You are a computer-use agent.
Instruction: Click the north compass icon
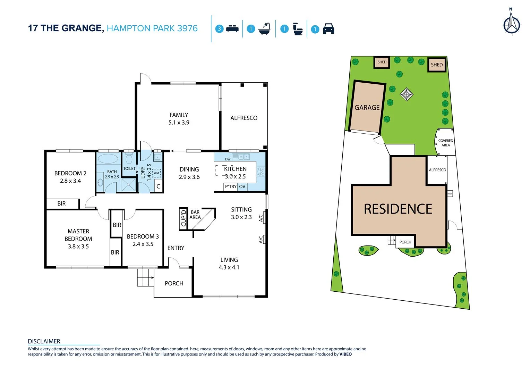pyautogui.click(x=512, y=24)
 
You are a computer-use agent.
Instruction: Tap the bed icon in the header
pyautogui.click(x=232, y=29)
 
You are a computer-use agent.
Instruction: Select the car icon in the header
pyautogui.click(x=328, y=29)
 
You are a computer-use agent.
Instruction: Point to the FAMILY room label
pyautogui.click(x=179, y=115)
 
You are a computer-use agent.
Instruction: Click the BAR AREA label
pyautogui.click(x=195, y=215)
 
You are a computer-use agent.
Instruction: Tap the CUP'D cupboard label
pyautogui.click(x=183, y=218)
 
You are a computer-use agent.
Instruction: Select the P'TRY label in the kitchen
pyautogui.click(x=231, y=187)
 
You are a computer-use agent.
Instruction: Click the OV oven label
pyautogui.click(x=242, y=187)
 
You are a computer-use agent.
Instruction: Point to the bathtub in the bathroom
pyautogui.click(x=108, y=159)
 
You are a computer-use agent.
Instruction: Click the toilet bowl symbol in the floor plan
pyautogui.click(x=129, y=159)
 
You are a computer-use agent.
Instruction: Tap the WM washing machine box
pyautogui.click(x=156, y=173)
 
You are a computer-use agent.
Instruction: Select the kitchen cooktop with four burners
pyautogui.click(x=261, y=171)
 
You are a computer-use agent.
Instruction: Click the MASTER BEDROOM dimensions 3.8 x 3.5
pyautogui.click(x=78, y=247)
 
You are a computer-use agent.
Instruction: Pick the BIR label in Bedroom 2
pyautogui.click(x=61, y=204)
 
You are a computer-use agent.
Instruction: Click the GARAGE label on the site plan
pyautogui.click(x=367, y=108)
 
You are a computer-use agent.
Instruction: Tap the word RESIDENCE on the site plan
pyautogui.click(x=398, y=209)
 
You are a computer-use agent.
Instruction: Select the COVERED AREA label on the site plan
pyautogui.click(x=445, y=143)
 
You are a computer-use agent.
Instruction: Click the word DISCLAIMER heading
pyautogui.click(x=44, y=341)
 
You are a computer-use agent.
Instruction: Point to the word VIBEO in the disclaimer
pyautogui.click(x=345, y=355)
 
